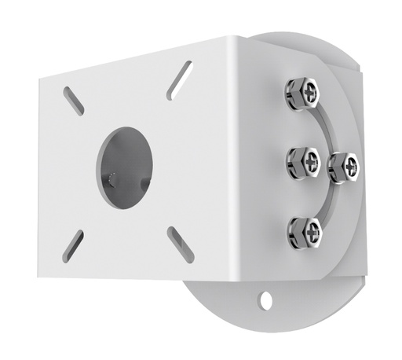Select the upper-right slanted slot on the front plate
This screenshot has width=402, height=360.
180,80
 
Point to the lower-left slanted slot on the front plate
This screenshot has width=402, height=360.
73,244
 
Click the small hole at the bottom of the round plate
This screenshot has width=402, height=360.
268,300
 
